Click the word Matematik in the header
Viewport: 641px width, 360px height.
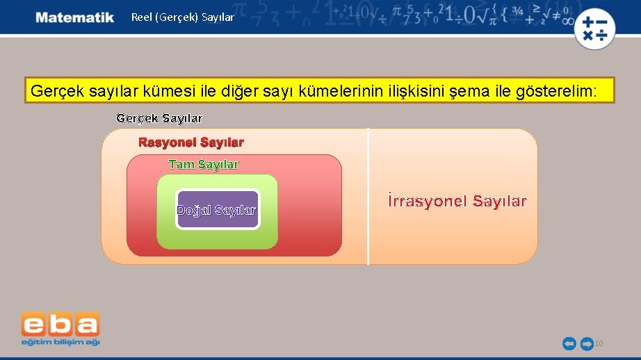pyautogui.click(x=75, y=17)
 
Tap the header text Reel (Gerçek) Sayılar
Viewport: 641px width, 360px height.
pyautogui.click(x=183, y=17)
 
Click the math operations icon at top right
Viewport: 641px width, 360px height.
pyautogui.click(x=594, y=29)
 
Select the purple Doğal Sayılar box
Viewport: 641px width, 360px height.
pyautogui.click(x=217, y=210)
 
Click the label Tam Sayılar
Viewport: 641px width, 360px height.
pyautogui.click(x=204, y=165)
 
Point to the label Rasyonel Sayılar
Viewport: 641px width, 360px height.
pyautogui.click(x=191, y=142)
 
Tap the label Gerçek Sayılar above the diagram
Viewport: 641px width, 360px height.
pyautogui.click(x=159, y=118)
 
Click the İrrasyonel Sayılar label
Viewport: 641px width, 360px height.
pyautogui.click(x=457, y=202)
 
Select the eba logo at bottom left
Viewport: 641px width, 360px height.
pyautogui.click(x=60, y=325)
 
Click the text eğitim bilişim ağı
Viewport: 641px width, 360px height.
pyautogui.click(x=60, y=342)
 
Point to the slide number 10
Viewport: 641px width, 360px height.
pyautogui.click(x=599, y=343)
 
